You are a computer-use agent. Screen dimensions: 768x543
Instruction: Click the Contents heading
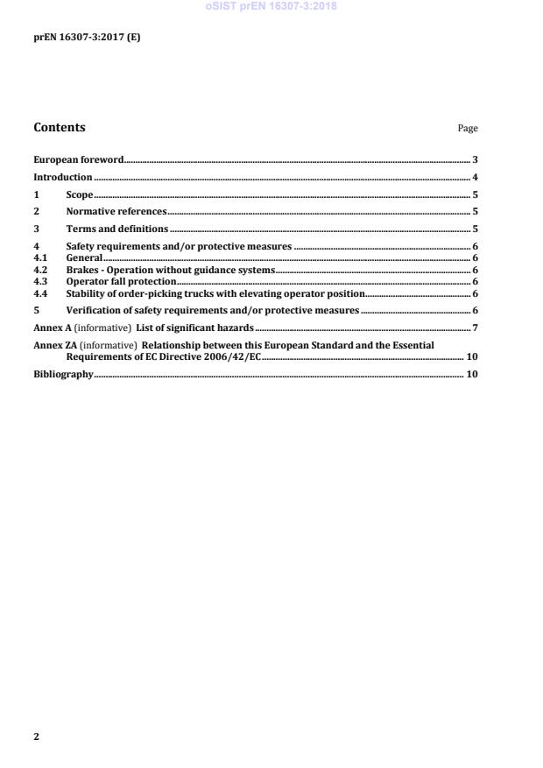(x=60, y=128)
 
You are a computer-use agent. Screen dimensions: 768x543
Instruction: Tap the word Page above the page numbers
(x=468, y=129)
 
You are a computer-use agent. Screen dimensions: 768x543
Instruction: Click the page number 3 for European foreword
(x=475, y=160)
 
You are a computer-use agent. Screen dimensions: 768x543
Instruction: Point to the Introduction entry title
(x=63, y=178)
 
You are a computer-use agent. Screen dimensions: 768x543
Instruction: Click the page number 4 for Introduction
(x=475, y=178)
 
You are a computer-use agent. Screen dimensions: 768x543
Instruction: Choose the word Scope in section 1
(x=80, y=195)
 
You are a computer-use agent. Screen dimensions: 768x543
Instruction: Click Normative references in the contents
(x=116, y=212)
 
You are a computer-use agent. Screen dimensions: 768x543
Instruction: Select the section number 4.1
(x=39, y=258)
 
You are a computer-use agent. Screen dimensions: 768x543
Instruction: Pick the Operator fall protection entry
(x=121, y=282)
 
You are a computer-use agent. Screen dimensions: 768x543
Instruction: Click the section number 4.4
(x=39, y=293)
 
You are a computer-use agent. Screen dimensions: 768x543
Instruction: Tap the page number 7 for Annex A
(x=475, y=328)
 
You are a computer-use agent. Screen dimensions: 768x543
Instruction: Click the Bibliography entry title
(x=63, y=374)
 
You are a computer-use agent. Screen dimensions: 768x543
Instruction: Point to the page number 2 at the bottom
(x=36, y=736)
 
